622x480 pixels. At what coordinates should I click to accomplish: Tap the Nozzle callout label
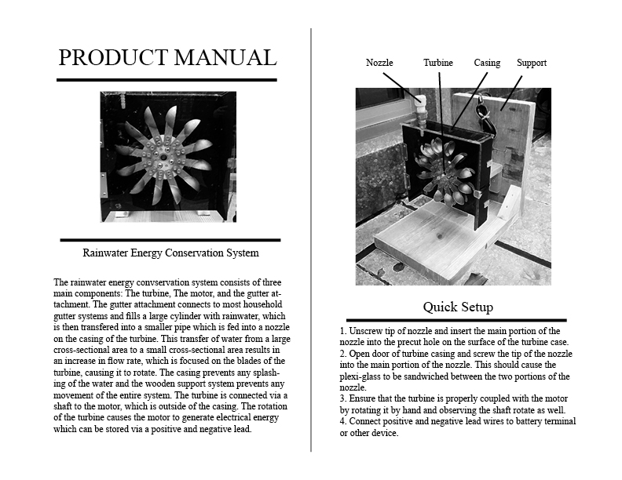pyautogui.click(x=379, y=63)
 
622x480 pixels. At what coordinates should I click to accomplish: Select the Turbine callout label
pyautogui.click(x=437, y=63)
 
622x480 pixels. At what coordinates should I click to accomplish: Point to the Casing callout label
pyautogui.click(x=487, y=63)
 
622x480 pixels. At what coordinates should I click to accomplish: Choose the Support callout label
pyautogui.click(x=532, y=63)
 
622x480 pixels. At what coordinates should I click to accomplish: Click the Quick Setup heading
pyautogui.click(x=458, y=306)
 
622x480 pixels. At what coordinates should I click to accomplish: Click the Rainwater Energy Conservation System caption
pyautogui.click(x=170, y=253)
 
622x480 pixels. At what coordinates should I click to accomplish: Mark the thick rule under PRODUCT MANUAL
pyautogui.click(x=166, y=79)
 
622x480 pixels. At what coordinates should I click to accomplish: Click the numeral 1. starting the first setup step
pyautogui.click(x=342, y=331)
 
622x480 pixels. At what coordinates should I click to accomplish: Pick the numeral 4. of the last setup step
pyautogui.click(x=342, y=421)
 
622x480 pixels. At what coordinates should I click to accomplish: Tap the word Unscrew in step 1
pyautogui.click(x=367, y=331)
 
